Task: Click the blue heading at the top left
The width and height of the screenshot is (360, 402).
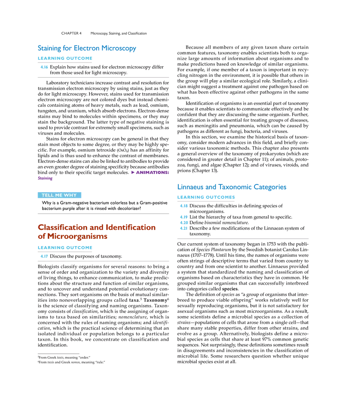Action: click(86, 48)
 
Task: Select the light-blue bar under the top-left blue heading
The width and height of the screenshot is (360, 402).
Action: click(65, 59)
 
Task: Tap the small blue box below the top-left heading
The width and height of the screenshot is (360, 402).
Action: click(44, 68)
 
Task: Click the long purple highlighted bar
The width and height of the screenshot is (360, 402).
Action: click(150, 173)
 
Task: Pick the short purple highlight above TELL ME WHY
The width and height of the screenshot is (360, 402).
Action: click(45, 179)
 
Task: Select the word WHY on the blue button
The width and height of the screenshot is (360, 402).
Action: click(70, 195)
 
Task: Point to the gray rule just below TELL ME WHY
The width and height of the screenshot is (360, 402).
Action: click(103, 214)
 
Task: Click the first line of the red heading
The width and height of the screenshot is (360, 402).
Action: click(97, 227)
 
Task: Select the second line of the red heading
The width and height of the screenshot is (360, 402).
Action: click(72, 236)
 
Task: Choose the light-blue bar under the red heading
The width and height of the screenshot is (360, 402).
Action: click(65, 247)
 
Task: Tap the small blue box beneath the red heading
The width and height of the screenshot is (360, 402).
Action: click(44, 256)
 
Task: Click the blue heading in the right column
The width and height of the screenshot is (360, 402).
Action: click(232, 188)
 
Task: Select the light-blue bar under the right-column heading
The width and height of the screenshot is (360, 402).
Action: click(206, 197)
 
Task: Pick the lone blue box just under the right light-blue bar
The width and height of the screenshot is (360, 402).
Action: click(184, 206)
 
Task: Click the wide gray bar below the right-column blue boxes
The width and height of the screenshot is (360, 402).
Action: click(242, 238)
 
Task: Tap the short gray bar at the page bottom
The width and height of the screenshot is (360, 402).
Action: click(59, 352)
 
